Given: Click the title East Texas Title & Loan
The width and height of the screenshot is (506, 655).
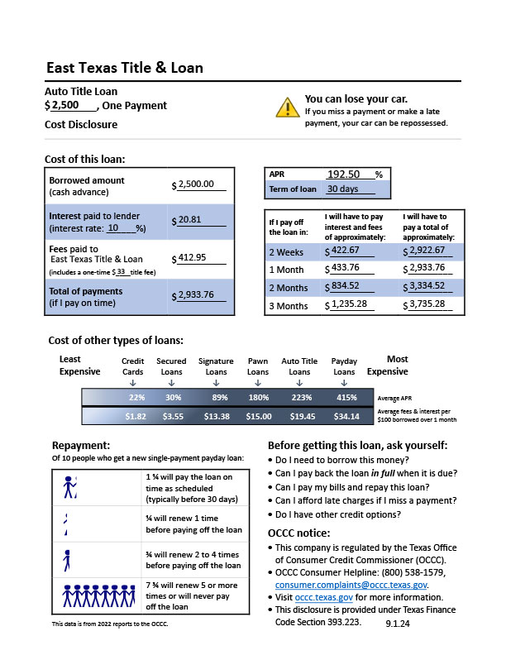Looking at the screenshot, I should (x=124, y=68).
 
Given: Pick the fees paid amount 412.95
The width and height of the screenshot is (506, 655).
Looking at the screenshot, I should (x=192, y=257).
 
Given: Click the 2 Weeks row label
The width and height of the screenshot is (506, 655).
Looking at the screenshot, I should (x=285, y=251).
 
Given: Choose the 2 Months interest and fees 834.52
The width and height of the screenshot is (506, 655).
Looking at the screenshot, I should (x=348, y=286).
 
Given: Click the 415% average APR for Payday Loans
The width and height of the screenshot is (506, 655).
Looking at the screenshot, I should (x=346, y=398).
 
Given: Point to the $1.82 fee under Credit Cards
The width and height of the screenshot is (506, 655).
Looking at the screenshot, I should (x=135, y=417).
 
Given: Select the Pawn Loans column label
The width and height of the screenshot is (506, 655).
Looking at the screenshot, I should (x=258, y=366).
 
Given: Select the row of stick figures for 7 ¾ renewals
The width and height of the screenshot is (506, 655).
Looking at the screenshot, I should (x=97, y=594).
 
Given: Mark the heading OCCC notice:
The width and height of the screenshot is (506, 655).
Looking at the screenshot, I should (x=299, y=532).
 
